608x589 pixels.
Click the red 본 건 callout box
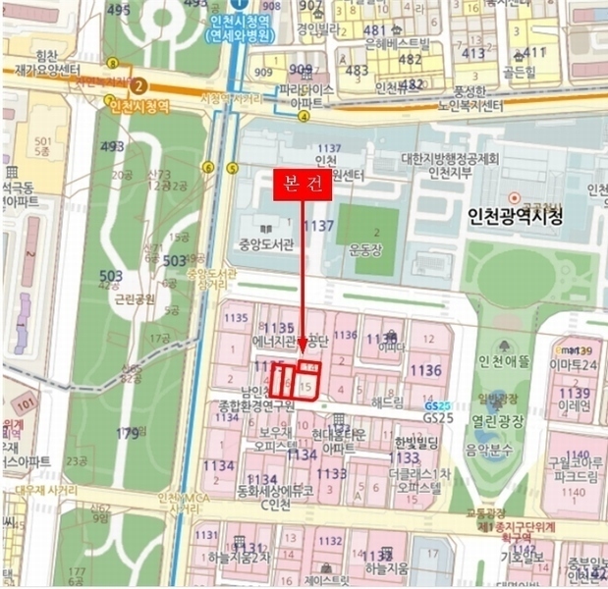point(302,187)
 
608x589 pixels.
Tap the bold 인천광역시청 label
point(516,217)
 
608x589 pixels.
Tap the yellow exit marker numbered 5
point(233,167)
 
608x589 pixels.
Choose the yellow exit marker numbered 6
point(208,167)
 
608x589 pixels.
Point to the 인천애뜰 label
point(503,362)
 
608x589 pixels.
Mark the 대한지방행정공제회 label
point(451,159)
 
